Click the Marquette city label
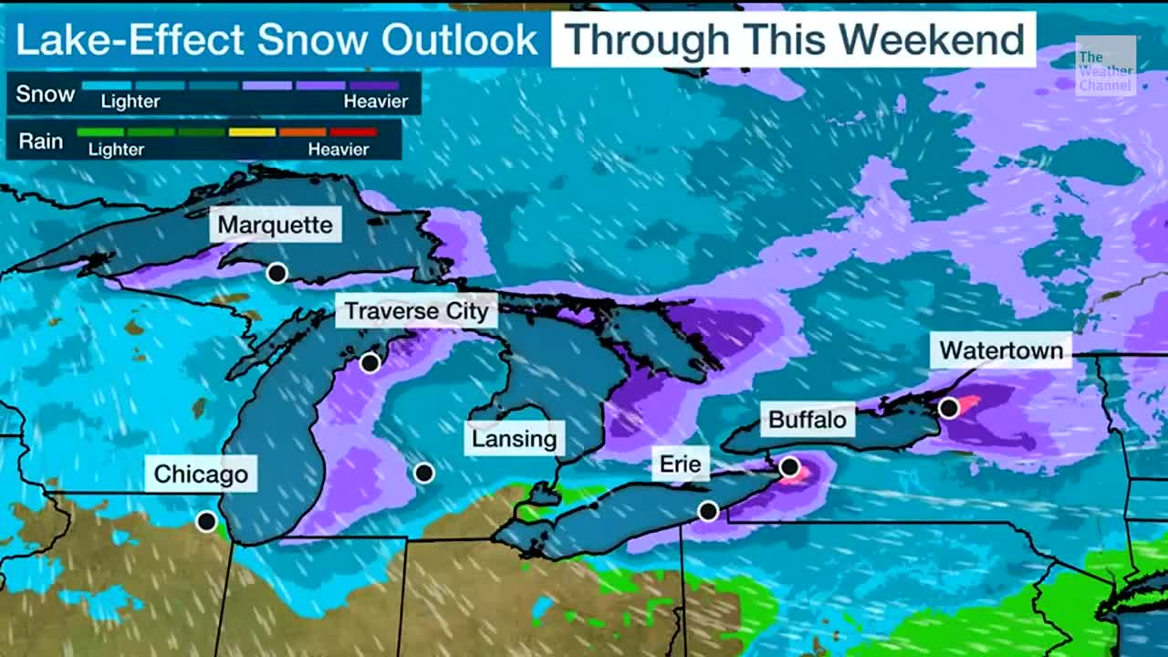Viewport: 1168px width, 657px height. coord(276,224)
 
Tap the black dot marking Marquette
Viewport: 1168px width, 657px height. coord(276,273)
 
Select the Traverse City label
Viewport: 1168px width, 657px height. coord(417,311)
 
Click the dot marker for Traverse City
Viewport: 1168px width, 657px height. coord(370,363)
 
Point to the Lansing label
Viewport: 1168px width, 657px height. coord(514,439)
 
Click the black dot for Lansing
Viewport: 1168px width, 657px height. coord(423,473)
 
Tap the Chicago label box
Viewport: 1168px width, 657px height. coord(201,474)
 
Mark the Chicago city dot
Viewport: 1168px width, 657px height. coord(207,522)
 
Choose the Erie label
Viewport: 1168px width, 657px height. coord(681,464)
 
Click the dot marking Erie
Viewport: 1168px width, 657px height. coord(708,511)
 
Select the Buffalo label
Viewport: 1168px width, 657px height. coord(808,420)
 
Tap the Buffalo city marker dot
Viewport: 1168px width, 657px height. coord(789,467)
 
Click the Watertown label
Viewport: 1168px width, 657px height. coord(1001,350)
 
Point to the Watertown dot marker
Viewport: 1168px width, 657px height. coord(949,408)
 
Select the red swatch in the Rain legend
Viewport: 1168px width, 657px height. coord(353,132)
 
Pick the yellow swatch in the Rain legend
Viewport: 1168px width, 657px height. coord(252,132)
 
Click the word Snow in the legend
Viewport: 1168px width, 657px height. coord(46,94)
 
